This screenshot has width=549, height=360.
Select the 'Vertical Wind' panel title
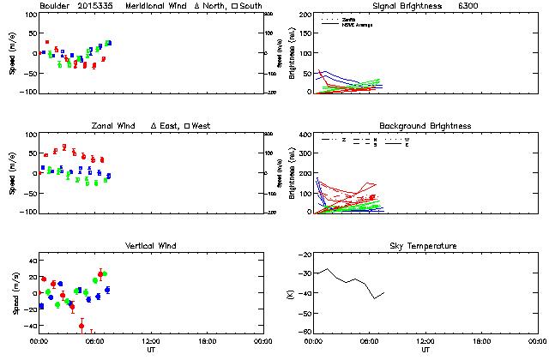click(150, 246)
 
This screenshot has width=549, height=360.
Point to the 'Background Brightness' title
click(425, 126)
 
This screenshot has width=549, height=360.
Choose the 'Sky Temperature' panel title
click(425, 246)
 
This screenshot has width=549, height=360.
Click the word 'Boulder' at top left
click(55, 6)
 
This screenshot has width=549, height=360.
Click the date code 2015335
click(97, 6)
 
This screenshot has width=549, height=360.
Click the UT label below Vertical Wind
click(150, 350)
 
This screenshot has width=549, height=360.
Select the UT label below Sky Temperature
click(425, 350)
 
